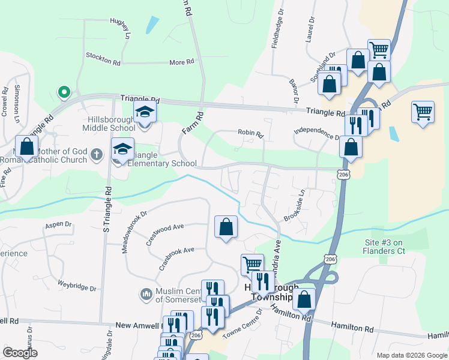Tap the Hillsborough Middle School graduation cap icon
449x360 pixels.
(144, 112)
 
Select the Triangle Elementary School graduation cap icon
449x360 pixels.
(122, 148)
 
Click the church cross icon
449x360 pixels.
(96, 155)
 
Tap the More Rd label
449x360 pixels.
(181, 62)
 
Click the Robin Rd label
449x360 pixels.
(250, 133)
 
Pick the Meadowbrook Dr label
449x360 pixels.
(135, 231)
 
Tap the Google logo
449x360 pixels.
(20, 352)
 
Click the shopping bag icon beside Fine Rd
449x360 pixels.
(26, 146)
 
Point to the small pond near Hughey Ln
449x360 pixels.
(152, 25)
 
